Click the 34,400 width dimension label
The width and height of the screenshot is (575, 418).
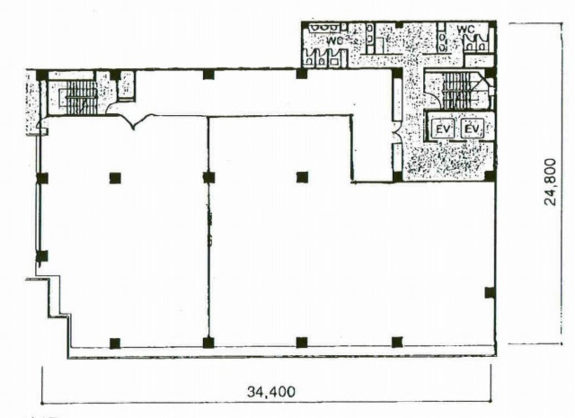pyautogui.click(x=270, y=392)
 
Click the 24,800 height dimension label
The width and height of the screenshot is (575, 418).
pyautogui.click(x=551, y=182)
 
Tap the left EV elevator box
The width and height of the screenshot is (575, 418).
pyautogui.click(x=443, y=129)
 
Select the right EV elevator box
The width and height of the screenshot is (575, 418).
pyautogui.click(x=472, y=129)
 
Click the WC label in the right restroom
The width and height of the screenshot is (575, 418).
pyautogui.click(x=466, y=29)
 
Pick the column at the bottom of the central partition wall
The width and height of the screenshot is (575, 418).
pyautogui.click(x=208, y=342)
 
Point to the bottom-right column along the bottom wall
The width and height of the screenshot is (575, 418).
pyautogui.click(x=397, y=342)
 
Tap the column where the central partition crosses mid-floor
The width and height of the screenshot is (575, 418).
pyautogui.click(x=209, y=177)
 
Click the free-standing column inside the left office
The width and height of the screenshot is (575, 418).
pyautogui.click(x=115, y=178)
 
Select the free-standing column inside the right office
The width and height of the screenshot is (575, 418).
pyautogui.click(x=302, y=177)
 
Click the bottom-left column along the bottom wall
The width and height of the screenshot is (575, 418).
pyautogui.click(x=115, y=343)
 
